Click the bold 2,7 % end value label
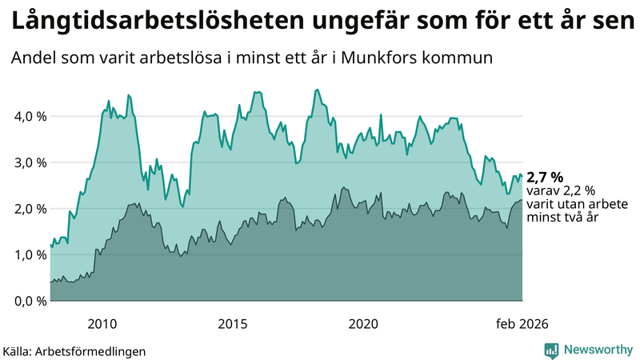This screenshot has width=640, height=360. (x=545, y=177)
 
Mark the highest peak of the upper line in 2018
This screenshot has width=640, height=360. (x=318, y=90)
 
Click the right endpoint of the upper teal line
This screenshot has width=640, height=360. (x=522, y=176)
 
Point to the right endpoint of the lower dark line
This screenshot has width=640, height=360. (x=522, y=200)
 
